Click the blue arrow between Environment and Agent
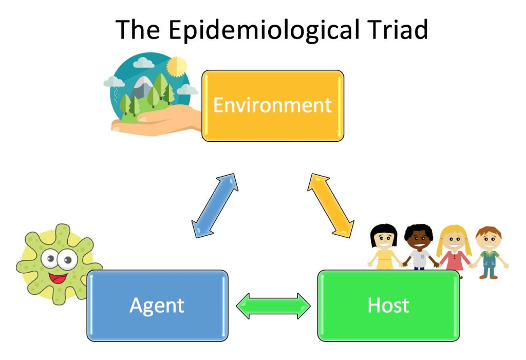point(215,205)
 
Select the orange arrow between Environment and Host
point(330,205)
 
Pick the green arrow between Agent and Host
point(273,306)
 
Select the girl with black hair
point(384,247)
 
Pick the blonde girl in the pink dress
point(454,249)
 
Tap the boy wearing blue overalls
point(488,252)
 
